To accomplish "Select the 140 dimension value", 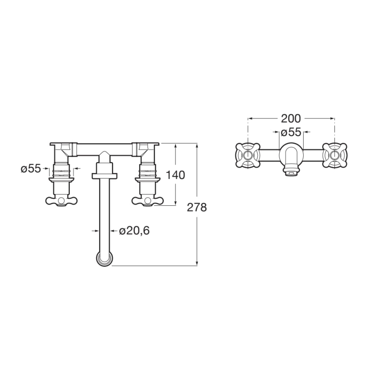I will pyautogui.click(x=175, y=175).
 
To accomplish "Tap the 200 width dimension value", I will pyautogui.click(x=291, y=118).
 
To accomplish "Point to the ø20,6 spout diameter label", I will pyautogui.click(x=134, y=231).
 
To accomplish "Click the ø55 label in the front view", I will pyautogui.click(x=31, y=169).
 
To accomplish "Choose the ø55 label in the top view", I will pyautogui.click(x=291, y=131).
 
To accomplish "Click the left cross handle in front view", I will pyautogui.click(x=62, y=200).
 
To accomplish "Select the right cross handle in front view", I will pyautogui.click(x=148, y=200).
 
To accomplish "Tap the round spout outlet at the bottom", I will pyautogui.click(x=104, y=260).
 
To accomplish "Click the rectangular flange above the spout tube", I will pyautogui.click(x=104, y=175).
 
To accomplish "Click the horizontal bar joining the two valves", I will pyautogui.click(x=104, y=147).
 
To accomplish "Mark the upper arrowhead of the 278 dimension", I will pyautogui.click(x=197, y=145).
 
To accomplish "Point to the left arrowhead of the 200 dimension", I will pyautogui.click(x=250, y=118).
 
